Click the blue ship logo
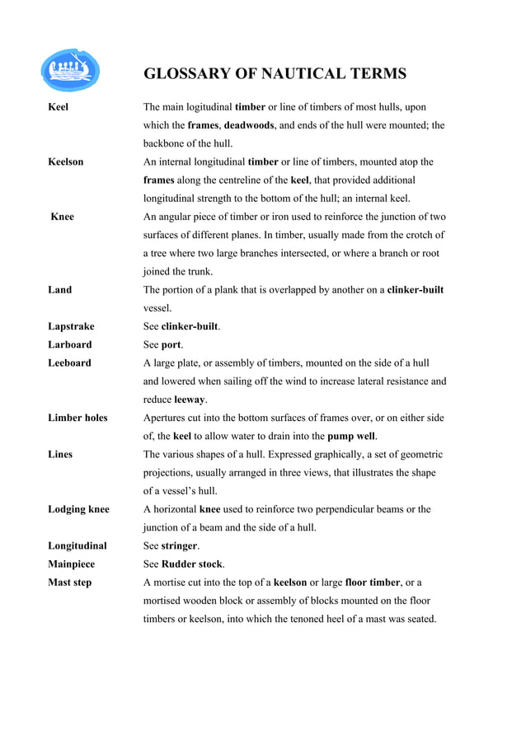tap(70, 70)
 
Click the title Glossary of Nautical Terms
tap(275, 74)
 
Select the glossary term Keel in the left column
tap(59, 107)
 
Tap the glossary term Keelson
tap(65, 161)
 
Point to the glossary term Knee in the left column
tap(62, 217)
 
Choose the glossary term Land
tap(59, 290)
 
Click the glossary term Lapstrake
tap(71, 326)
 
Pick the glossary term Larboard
tap(70, 344)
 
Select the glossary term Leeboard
tap(70, 363)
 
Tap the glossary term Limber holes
tap(77, 418)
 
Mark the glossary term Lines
tap(60, 454)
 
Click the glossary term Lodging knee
tap(78, 509)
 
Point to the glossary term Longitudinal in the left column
tap(77, 545)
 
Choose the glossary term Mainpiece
tap(72, 564)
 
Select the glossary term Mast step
tap(70, 583)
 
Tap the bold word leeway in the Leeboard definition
tap(189, 400)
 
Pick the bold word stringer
tap(179, 545)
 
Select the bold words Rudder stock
tap(191, 564)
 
